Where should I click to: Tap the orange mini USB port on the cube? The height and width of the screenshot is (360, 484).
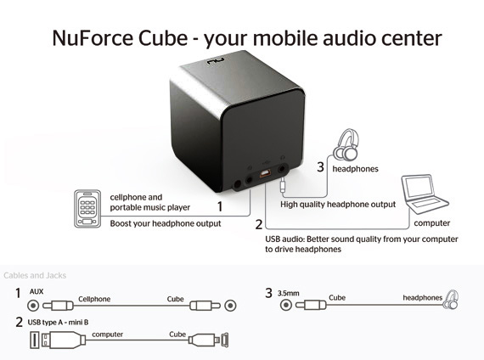point(265,174)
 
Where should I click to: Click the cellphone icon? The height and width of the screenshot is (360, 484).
point(87,209)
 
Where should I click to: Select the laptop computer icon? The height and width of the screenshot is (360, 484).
point(425,194)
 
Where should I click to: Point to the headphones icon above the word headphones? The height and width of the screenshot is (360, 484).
point(346,145)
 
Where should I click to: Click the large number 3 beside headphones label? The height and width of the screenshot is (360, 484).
point(321,167)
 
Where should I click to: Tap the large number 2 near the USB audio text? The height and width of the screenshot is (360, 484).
point(259,224)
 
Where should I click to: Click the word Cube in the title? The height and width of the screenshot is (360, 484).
point(163,38)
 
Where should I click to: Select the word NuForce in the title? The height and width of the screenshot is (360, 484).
point(93,38)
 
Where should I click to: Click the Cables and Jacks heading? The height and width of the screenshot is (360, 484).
point(35,275)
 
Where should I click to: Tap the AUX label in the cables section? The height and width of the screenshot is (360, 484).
point(37,291)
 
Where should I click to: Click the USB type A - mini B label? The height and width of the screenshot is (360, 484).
point(58,323)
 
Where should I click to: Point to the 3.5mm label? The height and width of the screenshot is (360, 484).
point(289,293)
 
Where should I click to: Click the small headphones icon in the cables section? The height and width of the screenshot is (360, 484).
point(451,300)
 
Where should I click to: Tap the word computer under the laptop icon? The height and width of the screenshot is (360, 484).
point(432,223)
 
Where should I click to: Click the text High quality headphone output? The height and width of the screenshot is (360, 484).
point(338,205)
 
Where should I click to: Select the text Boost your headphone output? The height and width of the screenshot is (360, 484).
point(166,223)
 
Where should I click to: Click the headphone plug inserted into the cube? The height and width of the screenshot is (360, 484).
point(283,185)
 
